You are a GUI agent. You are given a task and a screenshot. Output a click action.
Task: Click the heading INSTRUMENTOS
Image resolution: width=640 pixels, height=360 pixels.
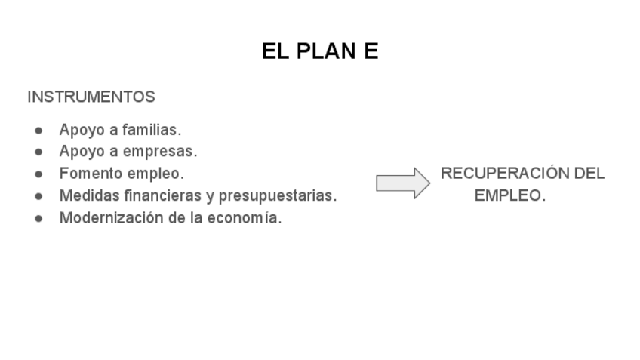[x=91, y=97]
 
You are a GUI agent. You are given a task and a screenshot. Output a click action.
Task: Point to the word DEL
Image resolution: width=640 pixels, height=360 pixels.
[x=589, y=174]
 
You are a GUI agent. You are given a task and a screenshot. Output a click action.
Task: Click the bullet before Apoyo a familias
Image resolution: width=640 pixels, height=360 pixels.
[x=38, y=130]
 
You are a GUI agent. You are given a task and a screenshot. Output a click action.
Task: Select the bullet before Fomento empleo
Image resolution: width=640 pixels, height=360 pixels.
[x=38, y=174]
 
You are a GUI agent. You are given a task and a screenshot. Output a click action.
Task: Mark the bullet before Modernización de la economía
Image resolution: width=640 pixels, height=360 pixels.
[x=38, y=220]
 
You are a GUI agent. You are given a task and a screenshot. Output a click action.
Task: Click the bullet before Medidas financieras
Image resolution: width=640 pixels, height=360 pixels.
[x=38, y=197]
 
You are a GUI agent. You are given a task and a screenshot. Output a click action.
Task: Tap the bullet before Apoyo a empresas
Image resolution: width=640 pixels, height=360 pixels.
[x=38, y=152]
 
